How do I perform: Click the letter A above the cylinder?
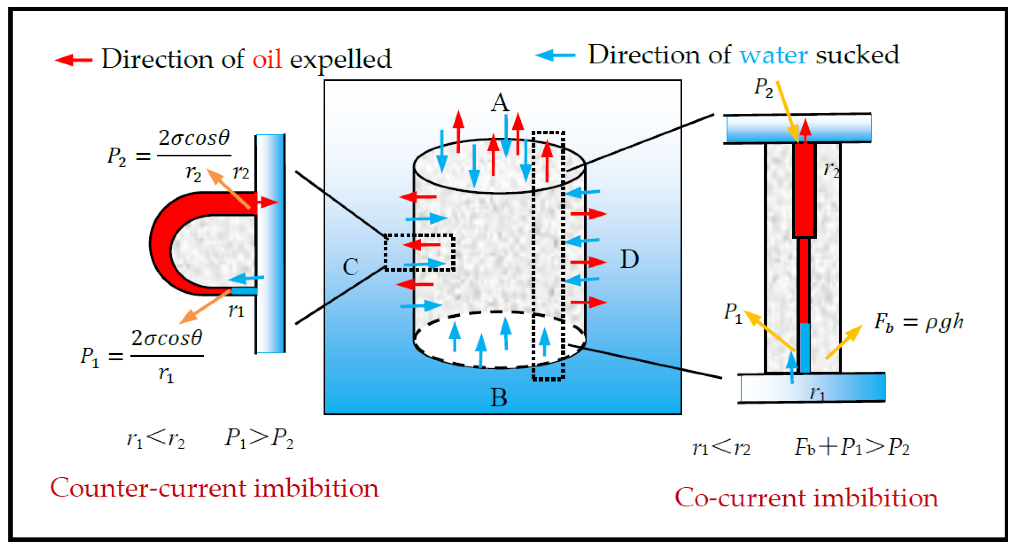coord(500,103)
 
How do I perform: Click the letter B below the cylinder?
coord(499,397)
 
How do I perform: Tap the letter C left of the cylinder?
coord(350,267)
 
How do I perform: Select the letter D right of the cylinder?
coord(629,260)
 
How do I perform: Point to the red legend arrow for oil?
coord(74,60)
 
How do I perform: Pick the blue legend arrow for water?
coord(555,55)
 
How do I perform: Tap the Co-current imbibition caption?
coord(806,498)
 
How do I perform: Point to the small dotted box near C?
coord(419,253)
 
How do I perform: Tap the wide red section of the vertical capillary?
coord(804,189)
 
